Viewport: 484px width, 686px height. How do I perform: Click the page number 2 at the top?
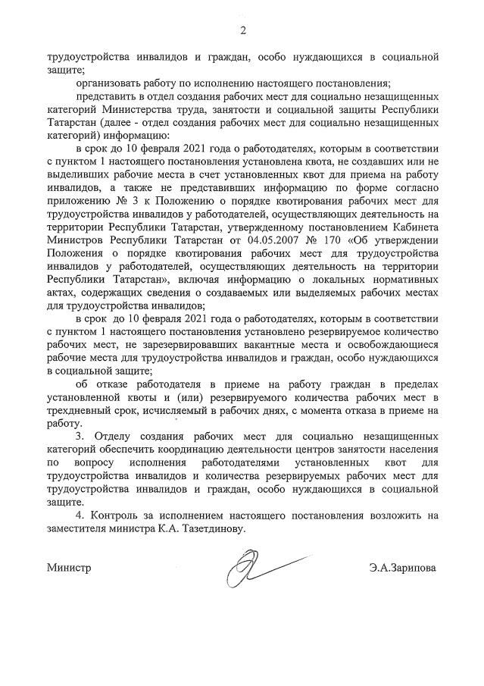(x=243, y=30)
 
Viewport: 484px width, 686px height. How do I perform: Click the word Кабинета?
(x=415, y=225)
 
